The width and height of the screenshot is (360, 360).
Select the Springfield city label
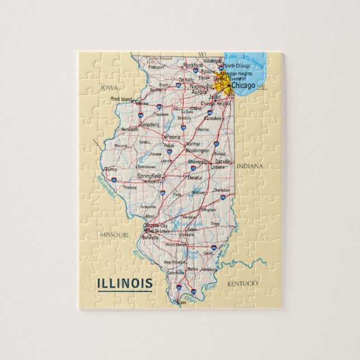(x=149, y=176)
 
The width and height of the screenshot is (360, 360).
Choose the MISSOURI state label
(x=115, y=235)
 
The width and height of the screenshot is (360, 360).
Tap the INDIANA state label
(x=249, y=167)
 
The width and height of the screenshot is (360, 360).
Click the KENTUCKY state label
(x=243, y=283)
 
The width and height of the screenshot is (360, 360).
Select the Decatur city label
(x=195, y=177)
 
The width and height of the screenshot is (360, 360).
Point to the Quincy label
(x=111, y=168)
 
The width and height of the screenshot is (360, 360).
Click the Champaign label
(x=197, y=162)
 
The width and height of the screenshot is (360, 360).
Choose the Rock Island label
(x=121, y=99)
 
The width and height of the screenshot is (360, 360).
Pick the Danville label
(x=222, y=161)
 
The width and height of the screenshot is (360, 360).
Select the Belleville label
(x=150, y=237)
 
